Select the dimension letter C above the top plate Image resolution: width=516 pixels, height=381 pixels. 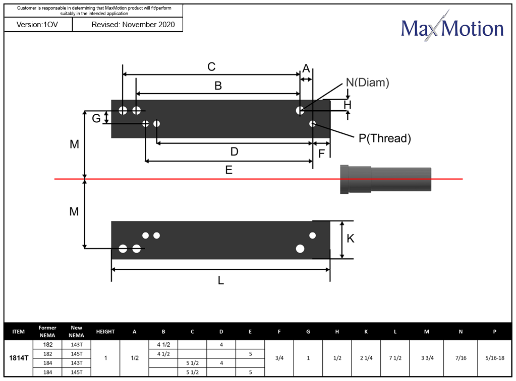point(211,67)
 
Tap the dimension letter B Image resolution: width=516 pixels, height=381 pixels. point(218,86)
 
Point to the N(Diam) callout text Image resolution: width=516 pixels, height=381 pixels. point(367,83)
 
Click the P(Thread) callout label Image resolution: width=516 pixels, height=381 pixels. point(385,138)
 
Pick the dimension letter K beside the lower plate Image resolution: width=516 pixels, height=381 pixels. point(351,239)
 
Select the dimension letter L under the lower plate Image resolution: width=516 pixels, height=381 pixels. point(221,280)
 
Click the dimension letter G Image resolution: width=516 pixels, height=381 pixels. point(96,118)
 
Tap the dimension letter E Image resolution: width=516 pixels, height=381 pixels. point(228,170)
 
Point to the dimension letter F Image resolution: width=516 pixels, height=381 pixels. point(321,154)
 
